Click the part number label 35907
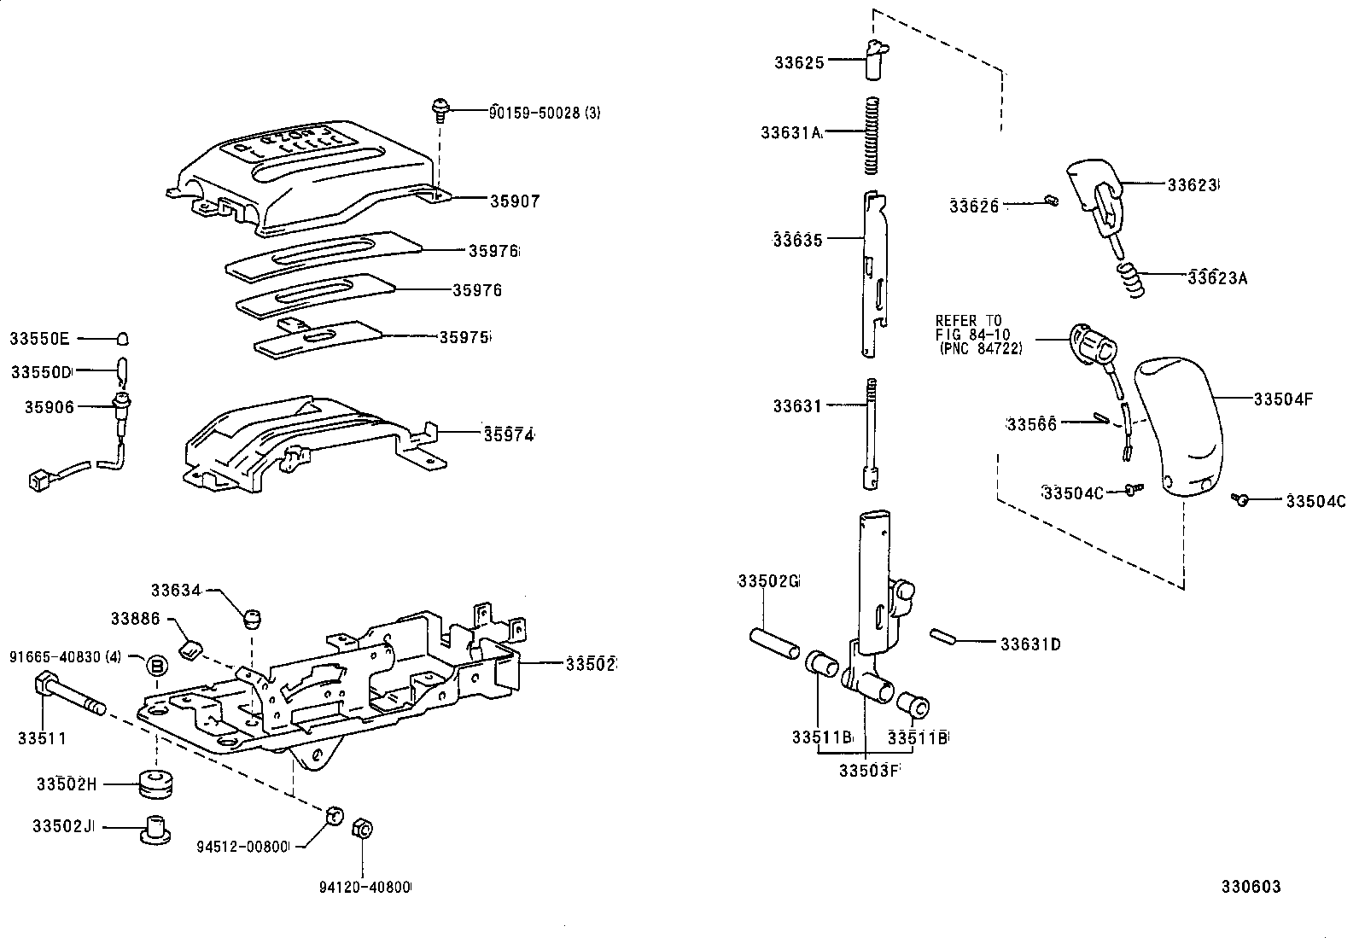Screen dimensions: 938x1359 (x=515, y=201)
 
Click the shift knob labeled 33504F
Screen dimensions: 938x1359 (x=1177, y=427)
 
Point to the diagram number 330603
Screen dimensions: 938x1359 (x=1250, y=887)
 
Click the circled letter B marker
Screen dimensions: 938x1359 (x=156, y=666)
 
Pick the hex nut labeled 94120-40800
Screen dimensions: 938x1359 (x=361, y=827)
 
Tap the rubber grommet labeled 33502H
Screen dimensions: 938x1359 (x=155, y=784)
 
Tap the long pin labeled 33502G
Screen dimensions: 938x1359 (x=775, y=644)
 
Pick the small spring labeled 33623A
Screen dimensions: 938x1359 (x=1131, y=280)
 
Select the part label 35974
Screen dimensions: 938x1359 (x=509, y=434)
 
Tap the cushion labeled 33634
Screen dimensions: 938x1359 (x=252, y=617)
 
